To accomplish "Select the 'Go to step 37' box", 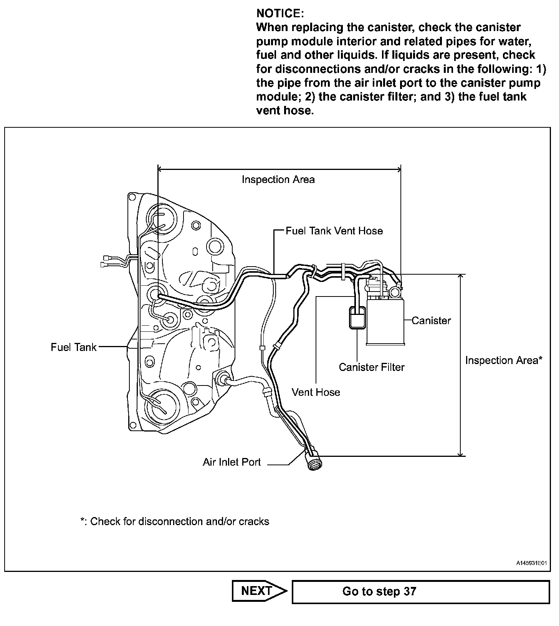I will coord(420,591).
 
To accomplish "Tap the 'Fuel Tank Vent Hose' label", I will coord(334,231).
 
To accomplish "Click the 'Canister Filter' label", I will coord(371,367).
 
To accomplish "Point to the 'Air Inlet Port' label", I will coord(232,462).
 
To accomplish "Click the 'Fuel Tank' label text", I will coord(73,347).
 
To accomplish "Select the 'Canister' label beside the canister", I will coord(431,321).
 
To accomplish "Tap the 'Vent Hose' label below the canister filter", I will coord(316,392).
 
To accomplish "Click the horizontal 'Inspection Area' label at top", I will coord(278,180).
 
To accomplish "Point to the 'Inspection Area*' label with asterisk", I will coord(503,361).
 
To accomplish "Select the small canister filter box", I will coord(357,318).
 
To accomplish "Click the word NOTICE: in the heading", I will coord(280,13).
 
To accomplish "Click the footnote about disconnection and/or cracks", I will coord(175,522).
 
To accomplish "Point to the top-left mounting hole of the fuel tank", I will coord(132,198).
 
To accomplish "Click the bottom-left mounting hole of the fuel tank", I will coord(133,425).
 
